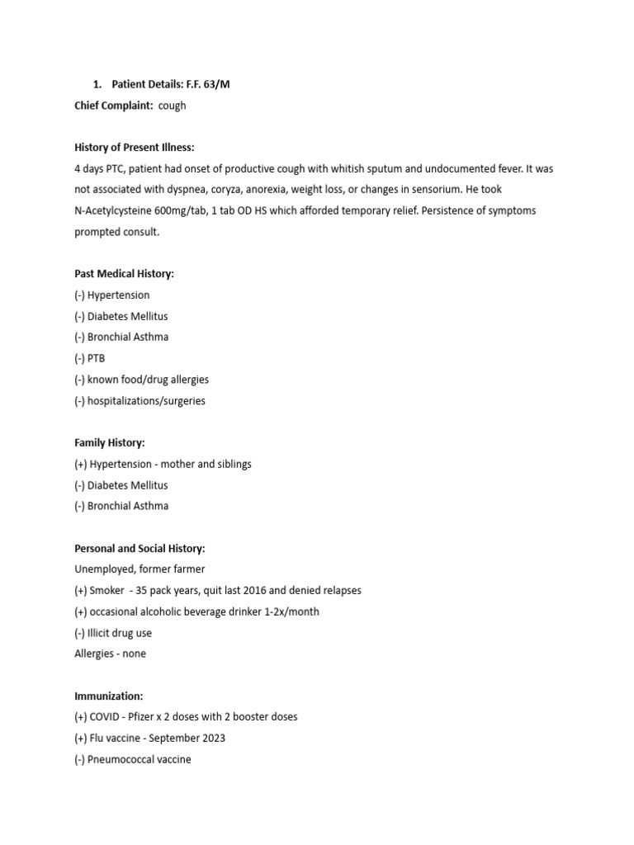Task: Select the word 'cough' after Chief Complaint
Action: point(173,106)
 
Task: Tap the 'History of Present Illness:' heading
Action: point(135,148)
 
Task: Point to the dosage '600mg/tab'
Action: point(182,210)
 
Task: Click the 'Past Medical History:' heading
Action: point(124,274)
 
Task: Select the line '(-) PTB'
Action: point(90,358)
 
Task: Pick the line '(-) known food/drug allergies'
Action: point(141,380)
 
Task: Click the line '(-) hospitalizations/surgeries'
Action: point(140,401)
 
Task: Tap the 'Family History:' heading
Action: point(110,443)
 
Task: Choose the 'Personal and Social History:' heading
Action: point(140,549)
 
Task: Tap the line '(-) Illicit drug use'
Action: point(113,633)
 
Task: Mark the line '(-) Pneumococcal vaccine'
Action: point(132,759)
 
